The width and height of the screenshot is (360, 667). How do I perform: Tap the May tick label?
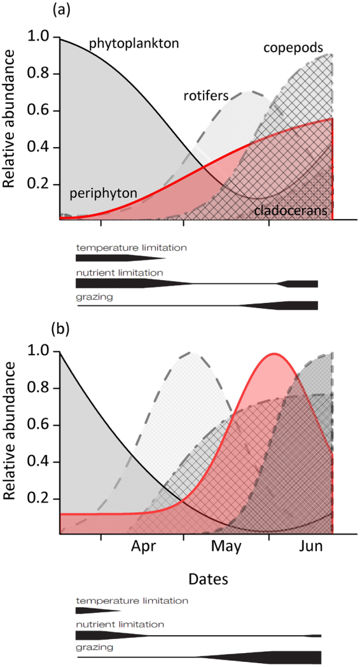226,547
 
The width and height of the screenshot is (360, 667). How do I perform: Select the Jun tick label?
310,547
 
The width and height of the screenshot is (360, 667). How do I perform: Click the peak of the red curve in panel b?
274,354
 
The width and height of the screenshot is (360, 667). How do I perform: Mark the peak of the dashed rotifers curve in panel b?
190,352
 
